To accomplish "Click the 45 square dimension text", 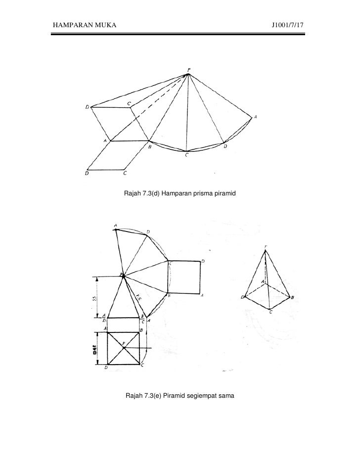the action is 93,349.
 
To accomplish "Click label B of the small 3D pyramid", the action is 293,297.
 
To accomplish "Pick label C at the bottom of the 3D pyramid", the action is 270,312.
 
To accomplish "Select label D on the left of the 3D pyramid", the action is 243,297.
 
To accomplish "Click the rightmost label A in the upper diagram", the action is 256,117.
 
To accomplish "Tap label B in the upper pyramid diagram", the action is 149,147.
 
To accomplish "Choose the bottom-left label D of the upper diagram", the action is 88,173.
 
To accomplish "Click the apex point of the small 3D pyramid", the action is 266,250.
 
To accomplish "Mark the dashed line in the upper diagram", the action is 148,109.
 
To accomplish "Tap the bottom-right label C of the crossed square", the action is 142,365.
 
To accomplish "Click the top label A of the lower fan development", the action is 115,227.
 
